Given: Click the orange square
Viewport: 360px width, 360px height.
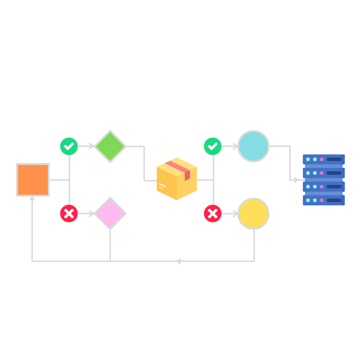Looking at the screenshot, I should (33, 180).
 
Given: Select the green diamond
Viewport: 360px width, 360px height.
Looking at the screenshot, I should (110, 146).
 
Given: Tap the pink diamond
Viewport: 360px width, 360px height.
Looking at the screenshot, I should (110, 213).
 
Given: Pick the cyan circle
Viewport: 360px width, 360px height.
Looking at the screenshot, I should (253, 146).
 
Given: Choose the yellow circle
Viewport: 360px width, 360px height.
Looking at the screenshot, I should (253, 213).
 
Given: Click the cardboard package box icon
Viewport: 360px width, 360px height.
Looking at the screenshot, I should (176, 179).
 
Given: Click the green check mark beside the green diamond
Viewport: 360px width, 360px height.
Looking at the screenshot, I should (69, 146).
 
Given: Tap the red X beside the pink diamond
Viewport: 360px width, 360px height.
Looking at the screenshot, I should (69, 213).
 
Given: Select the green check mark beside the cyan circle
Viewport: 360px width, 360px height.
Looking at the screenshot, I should (213, 146).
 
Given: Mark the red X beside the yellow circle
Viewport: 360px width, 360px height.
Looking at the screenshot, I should (213, 213).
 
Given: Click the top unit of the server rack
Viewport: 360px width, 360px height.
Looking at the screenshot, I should (324, 159).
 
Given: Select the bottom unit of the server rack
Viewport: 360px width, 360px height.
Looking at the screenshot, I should (324, 200).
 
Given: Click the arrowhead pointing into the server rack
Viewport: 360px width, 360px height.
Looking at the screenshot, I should (296, 180).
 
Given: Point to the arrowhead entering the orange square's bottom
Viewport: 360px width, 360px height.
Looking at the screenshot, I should (32, 199).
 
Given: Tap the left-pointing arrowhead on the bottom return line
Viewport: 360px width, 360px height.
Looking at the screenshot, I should (179, 261).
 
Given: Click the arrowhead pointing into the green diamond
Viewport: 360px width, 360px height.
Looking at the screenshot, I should (91, 146).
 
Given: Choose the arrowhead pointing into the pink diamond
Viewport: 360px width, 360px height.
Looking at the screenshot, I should (91, 213).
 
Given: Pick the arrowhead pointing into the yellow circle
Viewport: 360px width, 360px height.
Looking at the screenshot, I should (235, 213).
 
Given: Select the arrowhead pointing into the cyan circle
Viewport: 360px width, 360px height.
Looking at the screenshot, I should (235, 146).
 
